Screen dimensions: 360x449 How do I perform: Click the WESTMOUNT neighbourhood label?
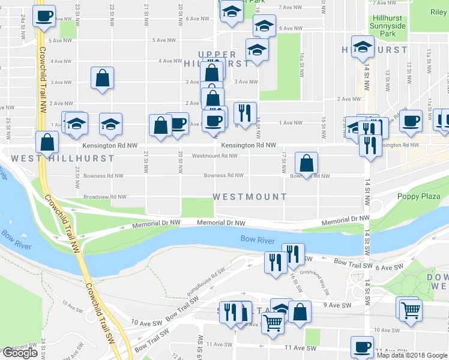coord(249,197)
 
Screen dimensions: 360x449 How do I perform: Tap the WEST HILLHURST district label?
coord(62,158)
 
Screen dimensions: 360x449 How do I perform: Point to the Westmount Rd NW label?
coord(214,156)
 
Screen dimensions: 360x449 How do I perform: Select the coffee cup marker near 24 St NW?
coord(43,16)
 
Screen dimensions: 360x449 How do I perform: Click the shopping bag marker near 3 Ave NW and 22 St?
coord(103,78)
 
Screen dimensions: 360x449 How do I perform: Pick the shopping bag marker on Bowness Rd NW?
coord(306,163)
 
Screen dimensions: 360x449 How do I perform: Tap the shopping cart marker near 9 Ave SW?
coord(411,309)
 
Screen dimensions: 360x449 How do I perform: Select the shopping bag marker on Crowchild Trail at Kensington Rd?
coord(47,143)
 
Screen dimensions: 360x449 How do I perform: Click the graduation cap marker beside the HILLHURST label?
coord(363,47)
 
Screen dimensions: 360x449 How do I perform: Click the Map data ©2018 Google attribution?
coord(412,355)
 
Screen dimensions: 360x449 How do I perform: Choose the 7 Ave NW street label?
coord(289,8)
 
